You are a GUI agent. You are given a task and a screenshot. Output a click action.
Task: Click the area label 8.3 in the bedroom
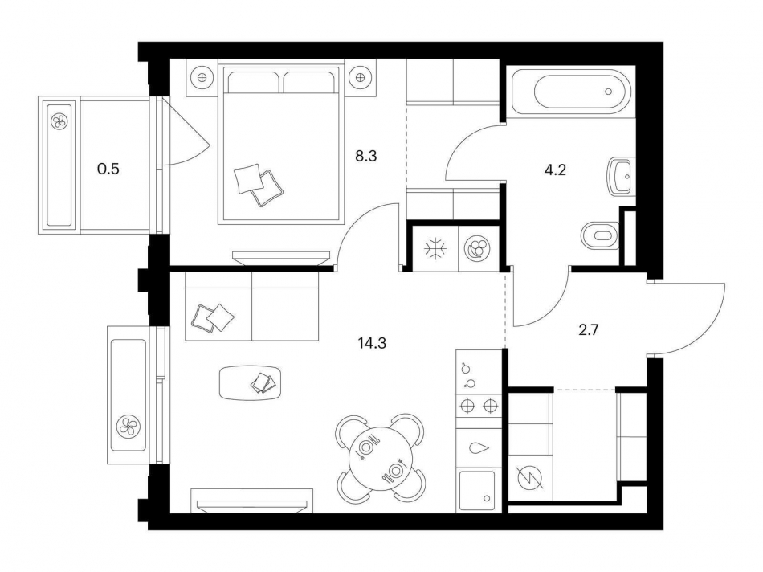(x=366, y=156)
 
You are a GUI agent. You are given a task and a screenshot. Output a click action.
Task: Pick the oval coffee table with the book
(x=253, y=382)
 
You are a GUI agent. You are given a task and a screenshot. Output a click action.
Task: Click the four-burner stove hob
(x=479, y=407)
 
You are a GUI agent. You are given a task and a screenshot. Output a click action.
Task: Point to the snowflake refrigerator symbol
(x=435, y=248)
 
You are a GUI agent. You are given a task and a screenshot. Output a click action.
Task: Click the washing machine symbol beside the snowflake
(x=478, y=248)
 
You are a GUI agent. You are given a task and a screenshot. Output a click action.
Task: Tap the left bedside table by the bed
(x=202, y=78)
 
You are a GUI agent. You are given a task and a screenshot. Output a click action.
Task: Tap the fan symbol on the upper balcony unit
(x=60, y=121)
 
